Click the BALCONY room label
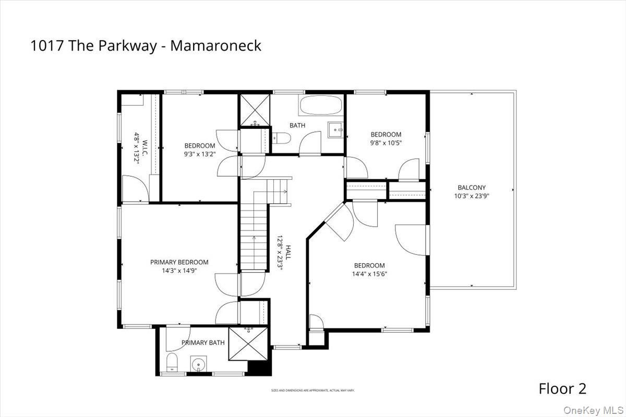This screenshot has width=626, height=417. (472, 188)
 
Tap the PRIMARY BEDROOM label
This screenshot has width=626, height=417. (179, 262)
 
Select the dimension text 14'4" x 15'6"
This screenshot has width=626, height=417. (369, 274)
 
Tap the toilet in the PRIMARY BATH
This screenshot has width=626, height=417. (173, 361)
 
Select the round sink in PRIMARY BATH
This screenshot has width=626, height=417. (198, 364)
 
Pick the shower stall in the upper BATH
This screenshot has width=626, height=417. (255, 110)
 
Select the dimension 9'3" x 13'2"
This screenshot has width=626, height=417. (200, 154)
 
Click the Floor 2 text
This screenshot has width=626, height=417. (562, 388)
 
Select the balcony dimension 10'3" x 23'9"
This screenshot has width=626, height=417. (472, 197)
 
